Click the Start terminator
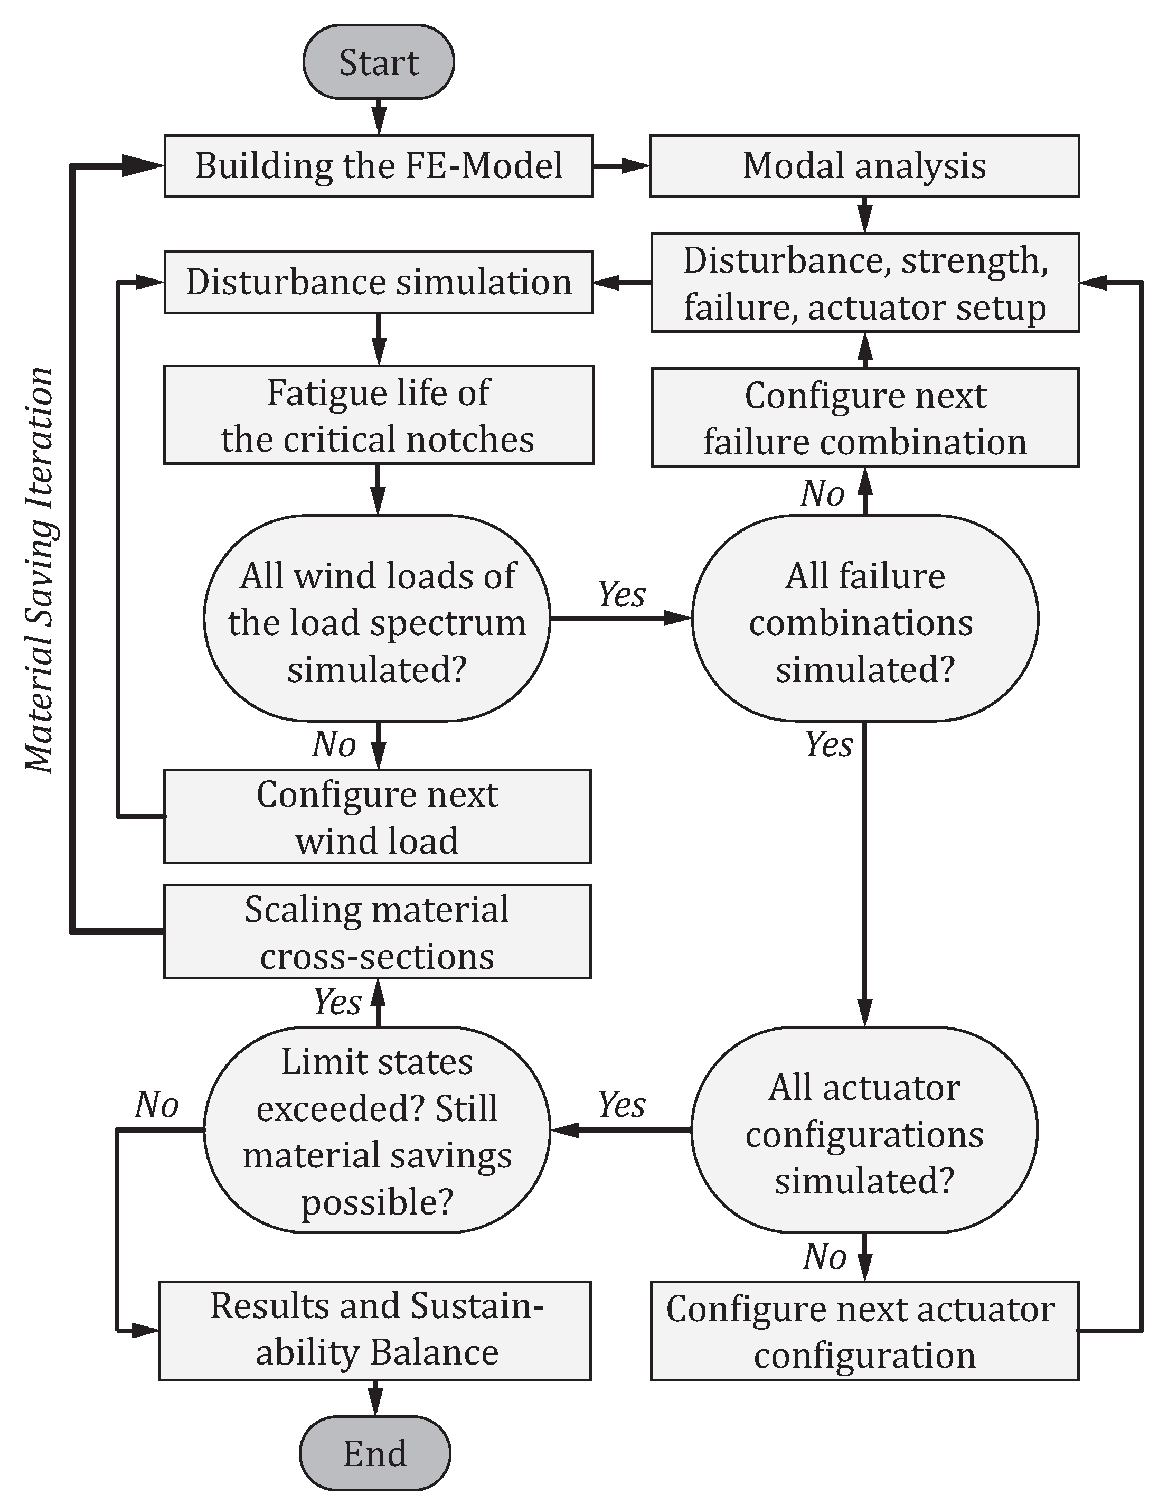(x=379, y=62)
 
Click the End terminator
(x=375, y=1454)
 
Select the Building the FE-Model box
(x=379, y=166)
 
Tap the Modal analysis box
(x=864, y=166)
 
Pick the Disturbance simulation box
(x=379, y=282)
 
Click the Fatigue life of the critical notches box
(x=379, y=415)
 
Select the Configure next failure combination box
(x=865, y=418)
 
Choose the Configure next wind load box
(x=377, y=817)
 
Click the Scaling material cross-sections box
(x=377, y=932)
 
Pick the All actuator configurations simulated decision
(x=864, y=1130)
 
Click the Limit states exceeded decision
(x=377, y=1130)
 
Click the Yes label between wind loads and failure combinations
(x=621, y=594)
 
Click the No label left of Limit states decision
(x=157, y=1105)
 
